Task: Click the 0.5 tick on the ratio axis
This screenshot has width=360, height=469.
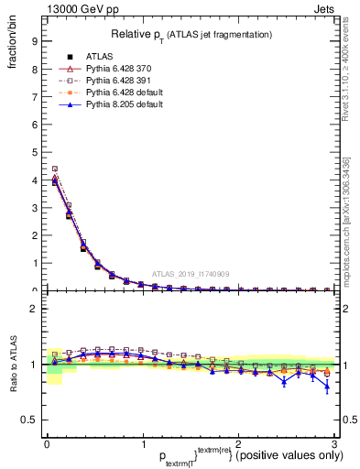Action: (x=29, y=420)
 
